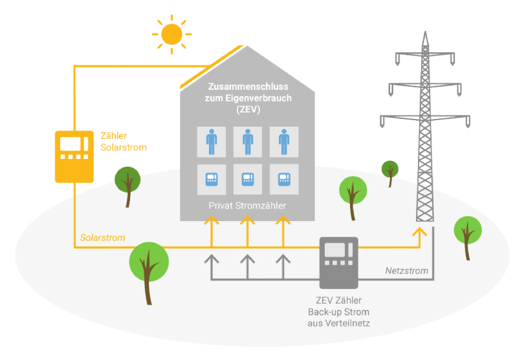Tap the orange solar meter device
click(x=73, y=156)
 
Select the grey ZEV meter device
click(x=338, y=262)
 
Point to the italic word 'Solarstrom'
click(x=103, y=238)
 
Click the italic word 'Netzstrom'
click(x=406, y=270)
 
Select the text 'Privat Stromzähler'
click(x=247, y=206)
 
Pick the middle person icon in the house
click(x=247, y=141)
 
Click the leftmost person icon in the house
click(x=212, y=141)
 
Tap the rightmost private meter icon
click(x=283, y=179)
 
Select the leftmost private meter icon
click(x=212, y=179)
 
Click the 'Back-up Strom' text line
click(x=338, y=313)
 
